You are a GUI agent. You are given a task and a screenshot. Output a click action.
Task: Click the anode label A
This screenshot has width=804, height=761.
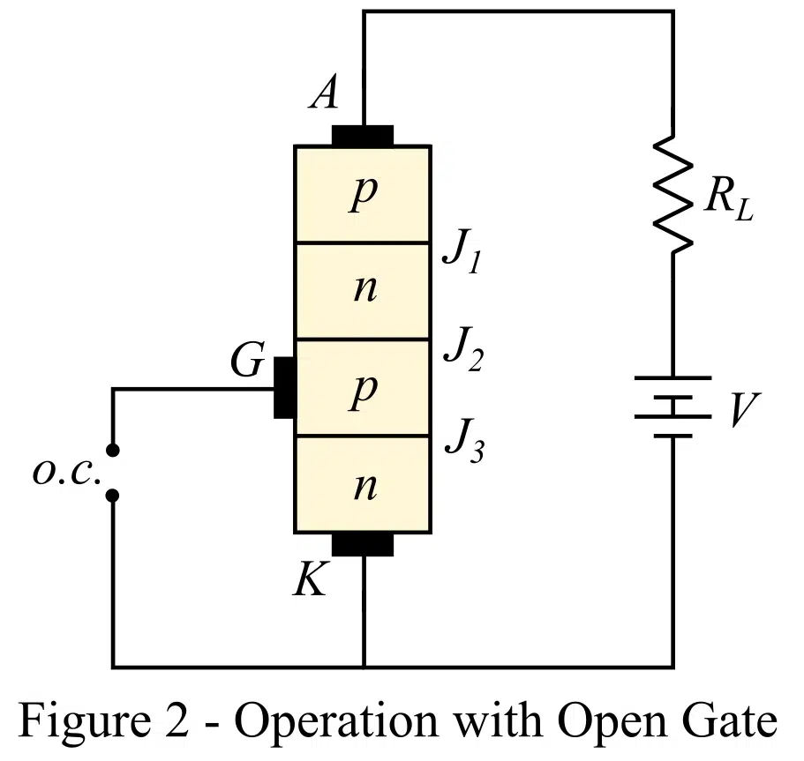point(324,92)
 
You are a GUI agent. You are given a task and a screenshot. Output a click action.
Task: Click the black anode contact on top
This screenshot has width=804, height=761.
point(363,136)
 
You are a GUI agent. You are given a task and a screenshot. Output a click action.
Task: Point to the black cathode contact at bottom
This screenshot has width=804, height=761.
point(363,543)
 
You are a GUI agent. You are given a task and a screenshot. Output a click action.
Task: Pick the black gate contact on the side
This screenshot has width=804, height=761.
point(284,388)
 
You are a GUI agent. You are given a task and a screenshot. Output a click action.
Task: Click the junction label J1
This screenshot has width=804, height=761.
point(461,256)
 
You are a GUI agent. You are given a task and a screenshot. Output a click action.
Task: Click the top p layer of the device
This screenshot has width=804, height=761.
point(362,194)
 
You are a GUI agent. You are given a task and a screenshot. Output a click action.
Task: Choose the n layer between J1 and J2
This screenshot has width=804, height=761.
point(362,290)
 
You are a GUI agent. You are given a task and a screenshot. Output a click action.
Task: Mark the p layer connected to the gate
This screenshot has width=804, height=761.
point(362,389)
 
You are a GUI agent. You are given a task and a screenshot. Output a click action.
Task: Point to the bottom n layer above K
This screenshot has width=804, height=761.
point(362,485)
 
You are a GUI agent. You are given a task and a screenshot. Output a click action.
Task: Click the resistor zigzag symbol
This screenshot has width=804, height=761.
point(673,194)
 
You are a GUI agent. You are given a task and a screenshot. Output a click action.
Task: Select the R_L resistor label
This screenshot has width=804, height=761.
point(729,204)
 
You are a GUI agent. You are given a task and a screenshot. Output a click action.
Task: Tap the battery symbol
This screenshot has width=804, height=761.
point(673,407)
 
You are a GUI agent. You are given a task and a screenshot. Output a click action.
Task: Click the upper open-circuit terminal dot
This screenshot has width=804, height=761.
point(112,450)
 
